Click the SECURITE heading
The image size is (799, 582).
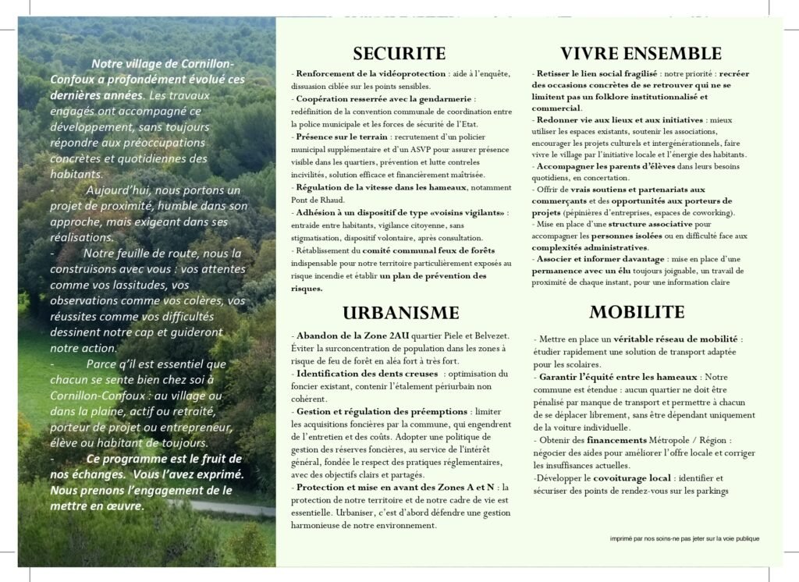coord(399,53)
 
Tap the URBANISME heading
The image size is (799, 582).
coord(401,313)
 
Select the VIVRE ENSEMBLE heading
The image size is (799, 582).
coord(641,53)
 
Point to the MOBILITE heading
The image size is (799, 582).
coord(637,312)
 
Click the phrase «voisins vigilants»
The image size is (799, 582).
coord(465,212)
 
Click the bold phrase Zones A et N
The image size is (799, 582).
coord(458,487)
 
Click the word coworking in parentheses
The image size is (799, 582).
coord(709,212)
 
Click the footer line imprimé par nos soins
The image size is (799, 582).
coord(684,538)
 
